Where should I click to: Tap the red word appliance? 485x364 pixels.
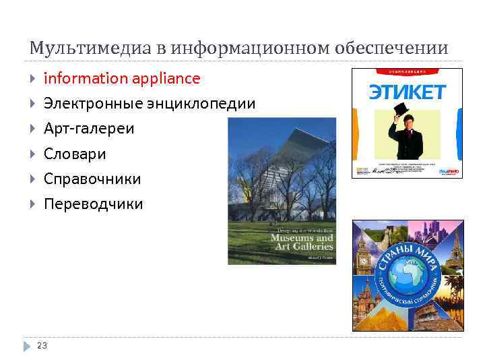[x=166, y=78]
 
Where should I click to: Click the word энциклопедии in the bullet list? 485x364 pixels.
[x=203, y=104]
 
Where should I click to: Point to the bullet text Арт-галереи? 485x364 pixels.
[x=89, y=128]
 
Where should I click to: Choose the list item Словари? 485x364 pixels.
[x=75, y=154]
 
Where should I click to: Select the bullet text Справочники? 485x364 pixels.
[x=92, y=179]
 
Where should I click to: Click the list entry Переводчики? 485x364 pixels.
[x=93, y=204]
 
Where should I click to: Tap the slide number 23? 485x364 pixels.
[x=42, y=345]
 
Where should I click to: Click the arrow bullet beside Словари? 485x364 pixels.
[x=32, y=154]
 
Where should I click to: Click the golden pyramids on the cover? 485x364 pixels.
[x=377, y=317]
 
